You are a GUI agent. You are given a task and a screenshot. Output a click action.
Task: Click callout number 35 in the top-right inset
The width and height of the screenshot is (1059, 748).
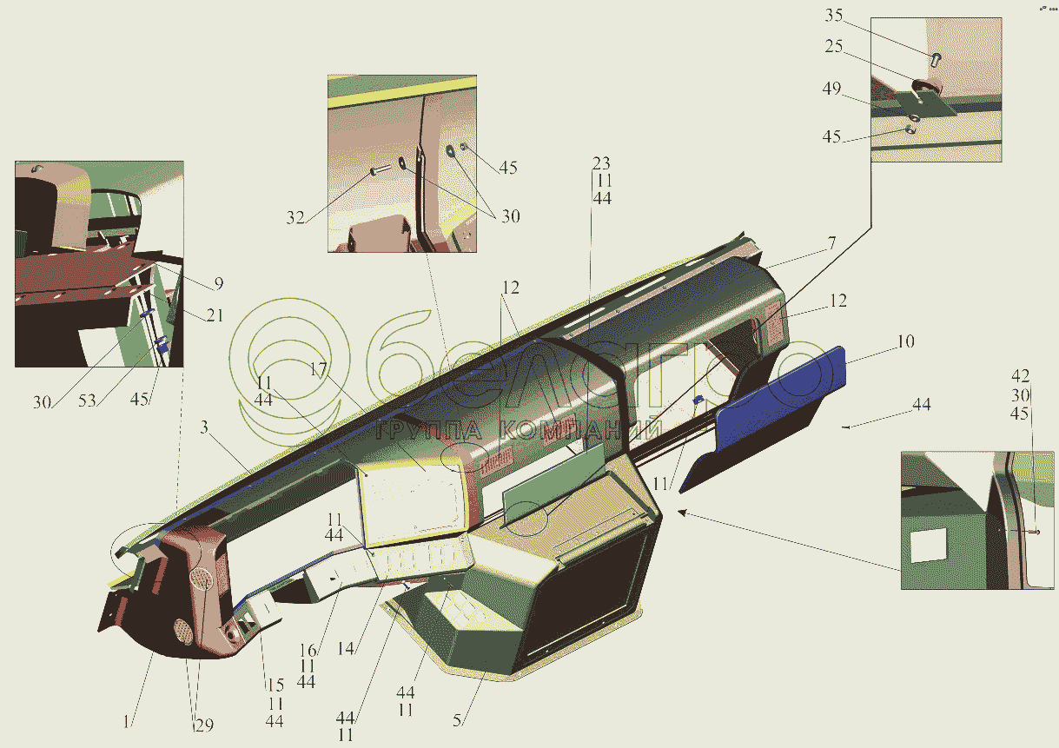click(x=834, y=15)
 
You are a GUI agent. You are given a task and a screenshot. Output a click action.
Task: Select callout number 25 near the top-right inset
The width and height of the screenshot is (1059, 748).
click(x=834, y=46)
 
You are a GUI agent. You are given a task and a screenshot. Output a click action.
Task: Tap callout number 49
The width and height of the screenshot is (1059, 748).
click(x=831, y=89)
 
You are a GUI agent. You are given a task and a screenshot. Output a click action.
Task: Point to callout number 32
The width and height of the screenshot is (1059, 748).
click(x=295, y=217)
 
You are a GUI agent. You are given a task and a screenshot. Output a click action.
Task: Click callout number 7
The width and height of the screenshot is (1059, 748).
click(x=831, y=243)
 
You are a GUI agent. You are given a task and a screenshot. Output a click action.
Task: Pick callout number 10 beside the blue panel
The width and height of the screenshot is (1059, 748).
click(x=905, y=341)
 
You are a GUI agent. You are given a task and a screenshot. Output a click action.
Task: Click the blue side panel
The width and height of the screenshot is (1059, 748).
click(x=780, y=397)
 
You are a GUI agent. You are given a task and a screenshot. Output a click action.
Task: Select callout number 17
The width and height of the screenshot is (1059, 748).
click(x=318, y=369)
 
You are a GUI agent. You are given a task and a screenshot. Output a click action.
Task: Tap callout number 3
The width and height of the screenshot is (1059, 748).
click(x=204, y=427)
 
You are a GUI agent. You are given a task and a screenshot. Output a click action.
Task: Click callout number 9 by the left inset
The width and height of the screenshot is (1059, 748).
click(x=218, y=283)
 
